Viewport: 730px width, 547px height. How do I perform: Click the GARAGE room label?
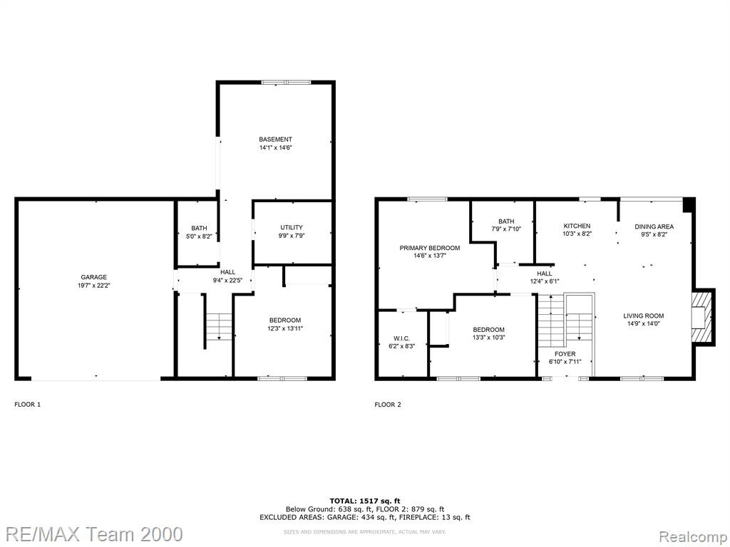93,277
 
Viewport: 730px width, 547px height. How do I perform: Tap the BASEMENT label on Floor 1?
276,139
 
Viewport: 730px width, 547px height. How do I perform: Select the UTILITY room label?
292,227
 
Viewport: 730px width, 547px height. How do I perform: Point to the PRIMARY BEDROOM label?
430,248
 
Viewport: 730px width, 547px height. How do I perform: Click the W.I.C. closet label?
402,338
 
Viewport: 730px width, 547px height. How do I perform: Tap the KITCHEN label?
577,226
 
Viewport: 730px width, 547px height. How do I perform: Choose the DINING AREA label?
654,226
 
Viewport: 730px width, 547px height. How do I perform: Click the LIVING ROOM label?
644,316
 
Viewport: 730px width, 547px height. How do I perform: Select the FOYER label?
565,354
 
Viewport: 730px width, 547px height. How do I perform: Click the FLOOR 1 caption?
28,405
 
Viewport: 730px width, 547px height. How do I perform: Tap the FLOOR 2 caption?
388,405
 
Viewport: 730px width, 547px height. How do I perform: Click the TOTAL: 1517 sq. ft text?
365,501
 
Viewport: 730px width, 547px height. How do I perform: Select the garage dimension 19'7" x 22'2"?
93,286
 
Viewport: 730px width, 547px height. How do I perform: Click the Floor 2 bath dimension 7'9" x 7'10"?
506,229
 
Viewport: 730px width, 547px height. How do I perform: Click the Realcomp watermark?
693,536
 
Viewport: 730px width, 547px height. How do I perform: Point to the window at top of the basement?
286,83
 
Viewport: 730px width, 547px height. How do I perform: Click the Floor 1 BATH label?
199,229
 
